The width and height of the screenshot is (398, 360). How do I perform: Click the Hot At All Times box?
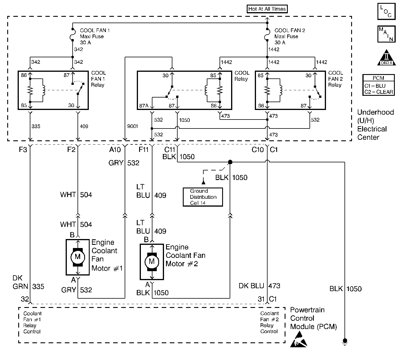click(x=267, y=9)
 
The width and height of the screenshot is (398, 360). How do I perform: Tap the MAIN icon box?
click(x=386, y=34)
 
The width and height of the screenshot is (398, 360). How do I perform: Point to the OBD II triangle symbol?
click(x=386, y=58)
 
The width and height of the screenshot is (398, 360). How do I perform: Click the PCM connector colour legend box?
click(x=378, y=85)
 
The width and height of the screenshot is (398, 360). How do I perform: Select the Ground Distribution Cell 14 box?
click(x=203, y=197)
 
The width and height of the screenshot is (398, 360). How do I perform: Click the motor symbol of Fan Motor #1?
click(x=78, y=257)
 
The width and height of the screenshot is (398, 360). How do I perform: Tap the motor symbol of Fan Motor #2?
click(x=152, y=262)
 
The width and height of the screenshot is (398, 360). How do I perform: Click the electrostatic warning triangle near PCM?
click(x=298, y=340)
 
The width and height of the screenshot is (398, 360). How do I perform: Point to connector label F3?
click(x=23, y=150)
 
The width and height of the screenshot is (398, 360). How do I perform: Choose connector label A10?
click(x=115, y=150)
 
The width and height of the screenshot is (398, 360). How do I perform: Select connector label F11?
click(x=143, y=150)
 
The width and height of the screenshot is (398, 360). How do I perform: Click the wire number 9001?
click(x=132, y=126)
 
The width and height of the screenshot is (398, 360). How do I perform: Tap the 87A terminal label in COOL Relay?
click(x=144, y=106)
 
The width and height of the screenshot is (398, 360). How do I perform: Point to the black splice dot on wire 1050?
click(x=230, y=162)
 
